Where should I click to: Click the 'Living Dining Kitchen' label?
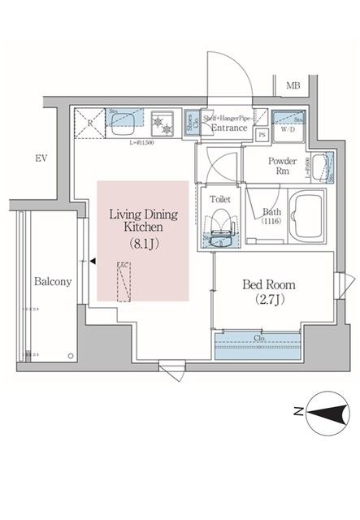[x=143, y=222]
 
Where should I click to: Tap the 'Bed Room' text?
[x=269, y=285]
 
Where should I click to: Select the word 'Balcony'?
[x=53, y=282]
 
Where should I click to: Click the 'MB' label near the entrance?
[x=293, y=85]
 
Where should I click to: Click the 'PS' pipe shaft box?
[x=262, y=135]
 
